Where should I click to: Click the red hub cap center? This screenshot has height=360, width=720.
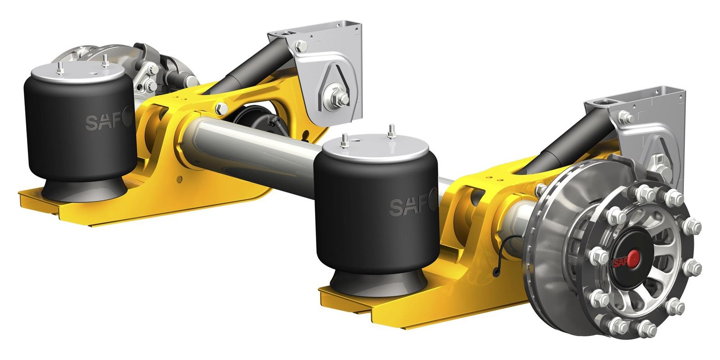pos(633,258)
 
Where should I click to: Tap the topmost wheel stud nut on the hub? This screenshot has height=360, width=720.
pos(648,189)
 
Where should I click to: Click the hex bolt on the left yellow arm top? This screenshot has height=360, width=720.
pos(221,108)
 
